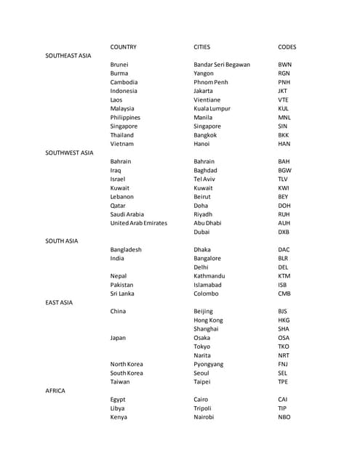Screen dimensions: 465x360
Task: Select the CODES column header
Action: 287,47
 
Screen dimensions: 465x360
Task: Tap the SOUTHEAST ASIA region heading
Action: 68,56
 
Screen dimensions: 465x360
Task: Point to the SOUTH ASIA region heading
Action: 62,240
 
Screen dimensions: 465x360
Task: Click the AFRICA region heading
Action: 55,391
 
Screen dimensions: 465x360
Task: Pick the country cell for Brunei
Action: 120,65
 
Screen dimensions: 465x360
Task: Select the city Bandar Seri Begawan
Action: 222,65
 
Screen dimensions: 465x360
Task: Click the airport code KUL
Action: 284,108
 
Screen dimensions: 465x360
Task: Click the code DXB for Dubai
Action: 284,232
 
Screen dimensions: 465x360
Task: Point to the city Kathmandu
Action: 209,276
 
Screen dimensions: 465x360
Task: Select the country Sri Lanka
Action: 124,294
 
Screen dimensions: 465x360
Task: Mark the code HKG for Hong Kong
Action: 284,320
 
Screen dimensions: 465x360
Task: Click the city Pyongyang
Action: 209,364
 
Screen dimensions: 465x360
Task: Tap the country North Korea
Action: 127,364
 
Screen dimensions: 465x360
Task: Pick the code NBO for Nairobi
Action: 284,417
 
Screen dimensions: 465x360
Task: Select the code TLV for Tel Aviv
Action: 283,179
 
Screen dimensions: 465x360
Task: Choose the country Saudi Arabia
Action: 127,214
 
